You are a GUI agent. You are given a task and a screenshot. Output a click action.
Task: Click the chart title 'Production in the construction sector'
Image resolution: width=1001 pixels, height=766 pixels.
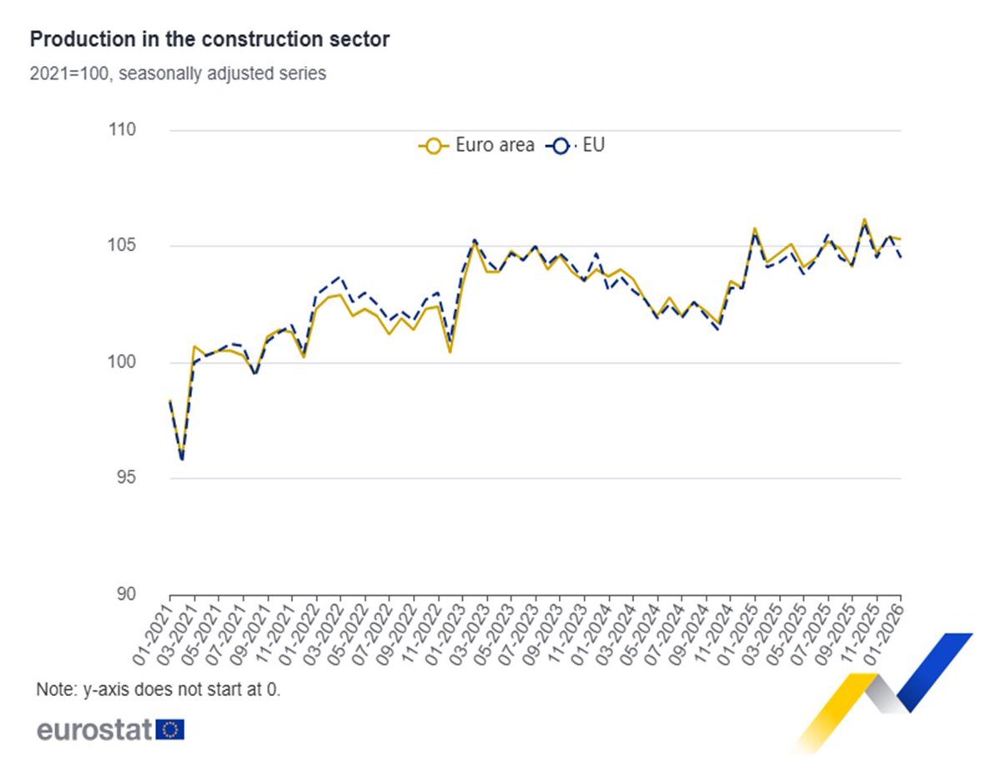(x=209, y=39)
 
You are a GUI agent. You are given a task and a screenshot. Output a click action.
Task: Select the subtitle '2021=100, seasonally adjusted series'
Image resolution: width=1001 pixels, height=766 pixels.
(x=178, y=73)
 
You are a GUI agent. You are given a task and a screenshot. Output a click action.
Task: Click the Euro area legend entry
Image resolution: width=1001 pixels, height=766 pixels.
(x=476, y=146)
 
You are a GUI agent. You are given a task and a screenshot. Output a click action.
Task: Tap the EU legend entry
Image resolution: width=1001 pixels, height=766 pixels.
(x=576, y=146)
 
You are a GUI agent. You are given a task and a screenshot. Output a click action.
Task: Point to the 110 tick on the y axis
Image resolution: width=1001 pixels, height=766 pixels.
(x=122, y=131)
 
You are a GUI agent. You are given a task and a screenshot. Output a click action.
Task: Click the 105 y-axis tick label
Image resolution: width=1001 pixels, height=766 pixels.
(x=122, y=247)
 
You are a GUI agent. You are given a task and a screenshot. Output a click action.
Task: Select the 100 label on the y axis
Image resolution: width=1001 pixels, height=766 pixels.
(x=122, y=363)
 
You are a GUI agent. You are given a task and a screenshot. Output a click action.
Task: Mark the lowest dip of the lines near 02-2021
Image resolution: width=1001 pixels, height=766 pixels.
(x=182, y=459)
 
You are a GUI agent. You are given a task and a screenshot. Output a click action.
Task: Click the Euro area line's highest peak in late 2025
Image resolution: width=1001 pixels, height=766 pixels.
(x=864, y=219)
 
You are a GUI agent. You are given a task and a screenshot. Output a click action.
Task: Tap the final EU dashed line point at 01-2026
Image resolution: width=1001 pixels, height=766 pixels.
(x=901, y=258)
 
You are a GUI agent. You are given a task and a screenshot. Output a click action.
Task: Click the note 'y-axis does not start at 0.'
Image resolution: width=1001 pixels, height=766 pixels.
(x=158, y=691)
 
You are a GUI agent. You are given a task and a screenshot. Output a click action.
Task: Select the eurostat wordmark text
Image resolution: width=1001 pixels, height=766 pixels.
(x=94, y=730)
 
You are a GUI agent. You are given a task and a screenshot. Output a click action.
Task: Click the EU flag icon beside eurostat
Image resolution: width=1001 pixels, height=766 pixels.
(x=170, y=730)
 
